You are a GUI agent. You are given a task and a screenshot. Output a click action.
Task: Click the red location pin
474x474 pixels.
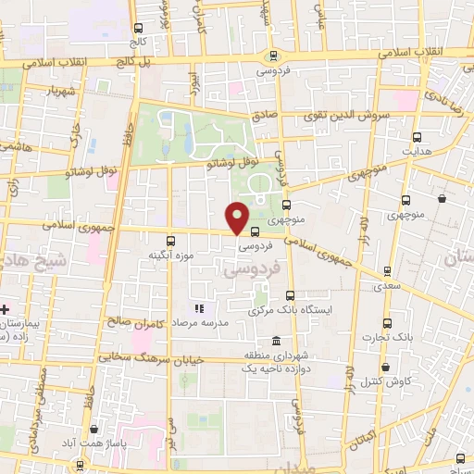click(239, 218)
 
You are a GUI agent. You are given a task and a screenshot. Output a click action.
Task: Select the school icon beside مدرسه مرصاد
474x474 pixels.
click(197, 308)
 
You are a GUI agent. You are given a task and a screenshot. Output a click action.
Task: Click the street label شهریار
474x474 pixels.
click(51, 91)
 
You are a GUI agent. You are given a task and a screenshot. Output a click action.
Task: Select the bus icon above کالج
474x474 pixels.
click(138, 29)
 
